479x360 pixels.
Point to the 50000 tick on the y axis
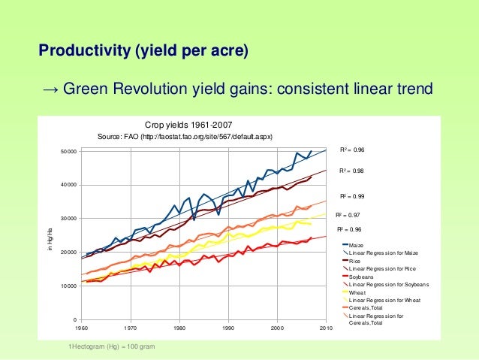(69, 151)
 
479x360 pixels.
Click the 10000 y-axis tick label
(69, 286)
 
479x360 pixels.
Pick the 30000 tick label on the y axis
(69, 219)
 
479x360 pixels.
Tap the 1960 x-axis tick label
(81, 328)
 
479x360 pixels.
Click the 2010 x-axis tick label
(326, 328)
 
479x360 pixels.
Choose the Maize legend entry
(357, 246)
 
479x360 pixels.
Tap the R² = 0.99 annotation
(352, 195)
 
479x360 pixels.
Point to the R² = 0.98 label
(352, 171)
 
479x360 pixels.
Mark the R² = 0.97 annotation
(348, 215)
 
